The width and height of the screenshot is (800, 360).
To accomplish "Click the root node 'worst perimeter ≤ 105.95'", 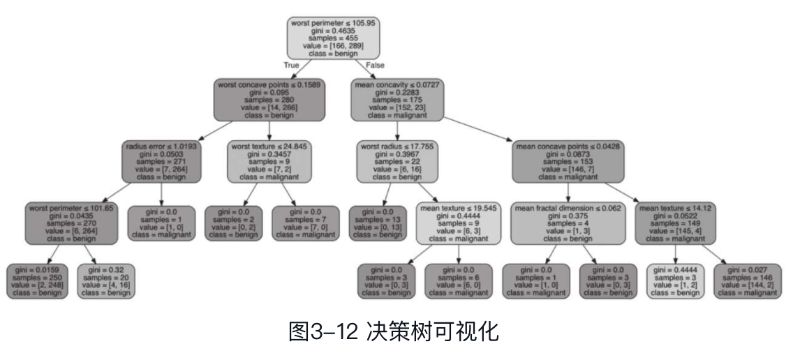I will [333, 38].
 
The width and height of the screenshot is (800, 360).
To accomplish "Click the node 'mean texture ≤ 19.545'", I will [459, 223].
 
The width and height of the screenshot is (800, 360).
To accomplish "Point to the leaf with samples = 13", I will [377, 223].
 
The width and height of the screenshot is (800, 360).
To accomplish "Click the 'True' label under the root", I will [291, 65].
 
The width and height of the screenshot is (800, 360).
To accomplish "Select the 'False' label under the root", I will [376, 65].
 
